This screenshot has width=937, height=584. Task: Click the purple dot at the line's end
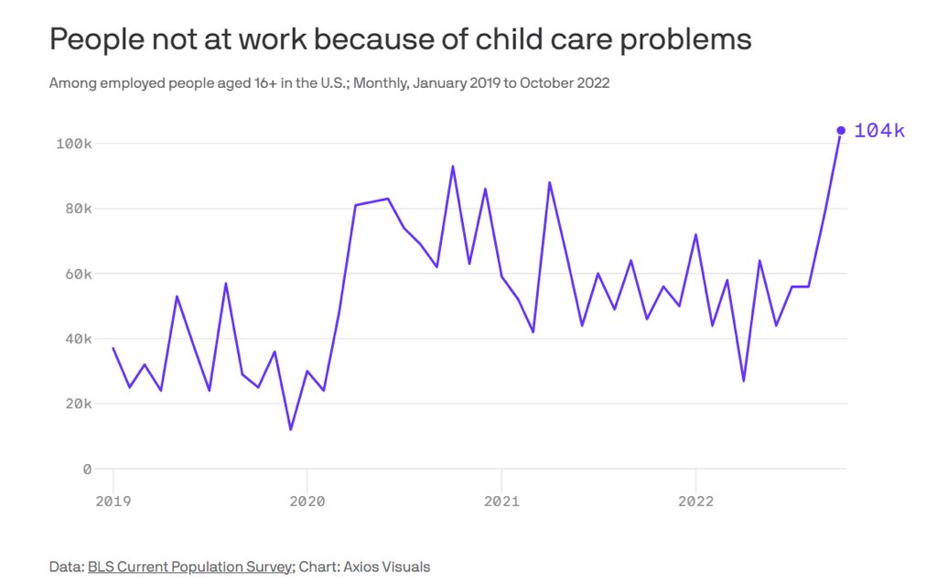(x=841, y=130)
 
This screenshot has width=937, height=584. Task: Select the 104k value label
(x=878, y=131)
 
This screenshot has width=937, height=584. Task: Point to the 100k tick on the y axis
(x=74, y=144)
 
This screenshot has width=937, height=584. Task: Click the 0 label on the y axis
(x=87, y=469)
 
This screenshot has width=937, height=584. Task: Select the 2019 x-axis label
(x=113, y=501)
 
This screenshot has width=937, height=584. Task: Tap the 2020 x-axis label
(x=307, y=501)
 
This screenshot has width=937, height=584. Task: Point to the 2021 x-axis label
(x=501, y=501)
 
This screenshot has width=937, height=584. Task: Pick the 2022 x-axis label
(x=695, y=501)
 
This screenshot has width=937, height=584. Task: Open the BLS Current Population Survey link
(x=190, y=567)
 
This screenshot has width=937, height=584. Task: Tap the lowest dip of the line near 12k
(x=291, y=429)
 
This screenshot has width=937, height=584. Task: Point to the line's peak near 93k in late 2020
(x=453, y=167)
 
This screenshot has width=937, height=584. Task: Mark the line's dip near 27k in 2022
(x=743, y=381)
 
